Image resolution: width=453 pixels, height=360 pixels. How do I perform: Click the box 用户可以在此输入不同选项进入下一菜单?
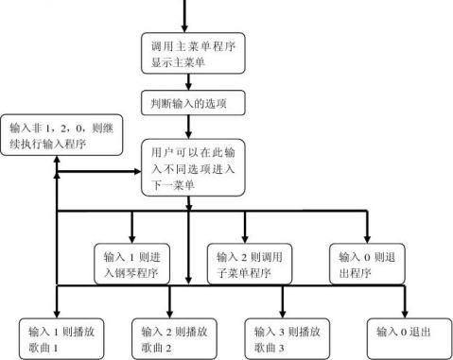(x=194, y=167)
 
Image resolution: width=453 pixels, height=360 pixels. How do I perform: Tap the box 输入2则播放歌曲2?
(x=172, y=338)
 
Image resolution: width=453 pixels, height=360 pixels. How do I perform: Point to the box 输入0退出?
(x=405, y=332)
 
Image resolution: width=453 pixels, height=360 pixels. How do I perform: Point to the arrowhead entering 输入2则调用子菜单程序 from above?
(x=247, y=237)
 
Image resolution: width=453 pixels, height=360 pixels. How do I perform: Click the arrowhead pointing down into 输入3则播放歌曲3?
(x=283, y=313)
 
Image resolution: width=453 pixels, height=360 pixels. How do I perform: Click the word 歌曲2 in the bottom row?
(x=159, y=348)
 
